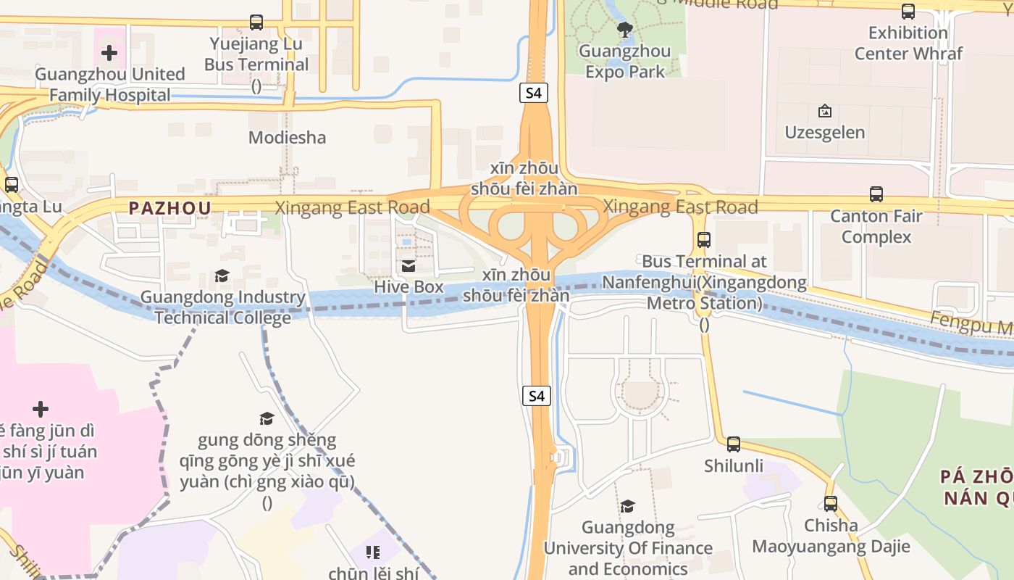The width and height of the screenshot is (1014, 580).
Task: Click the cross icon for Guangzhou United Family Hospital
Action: tap(109, 53)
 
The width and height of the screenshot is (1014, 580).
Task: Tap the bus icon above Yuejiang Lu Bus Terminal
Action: tap(256, 22)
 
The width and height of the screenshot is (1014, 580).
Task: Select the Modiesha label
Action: tap(287, 137)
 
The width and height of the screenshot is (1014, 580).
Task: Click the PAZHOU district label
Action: tap(170, 208)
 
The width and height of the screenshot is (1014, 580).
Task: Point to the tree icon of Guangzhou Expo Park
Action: tap(624, 30)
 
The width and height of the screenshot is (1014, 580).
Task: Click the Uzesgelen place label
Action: tap(824, 133)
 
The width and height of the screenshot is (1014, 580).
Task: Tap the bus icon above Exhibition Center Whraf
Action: tap(908, 12)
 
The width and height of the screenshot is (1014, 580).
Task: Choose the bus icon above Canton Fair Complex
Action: tap(876, 194)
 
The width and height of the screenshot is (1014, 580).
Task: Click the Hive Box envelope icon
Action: tap(408, 266)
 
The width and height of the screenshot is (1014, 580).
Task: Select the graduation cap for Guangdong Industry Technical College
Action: tap(222, 276)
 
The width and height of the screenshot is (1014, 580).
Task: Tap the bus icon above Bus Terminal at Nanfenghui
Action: tap(703, 240)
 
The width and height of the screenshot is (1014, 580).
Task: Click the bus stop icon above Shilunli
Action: tap(734, 444)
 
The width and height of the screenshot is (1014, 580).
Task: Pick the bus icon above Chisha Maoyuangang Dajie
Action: tap(831, 504)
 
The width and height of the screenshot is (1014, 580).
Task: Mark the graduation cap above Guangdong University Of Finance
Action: tap(627, 506)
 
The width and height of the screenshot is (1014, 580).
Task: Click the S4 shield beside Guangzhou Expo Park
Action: tap(534, 93)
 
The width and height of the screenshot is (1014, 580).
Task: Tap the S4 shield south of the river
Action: tap(535, 396)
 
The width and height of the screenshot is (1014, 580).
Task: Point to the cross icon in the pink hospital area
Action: tap(41, 410)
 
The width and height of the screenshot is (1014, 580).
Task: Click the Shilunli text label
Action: tap(734, 465)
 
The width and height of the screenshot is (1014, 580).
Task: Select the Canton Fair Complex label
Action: tap(876, 226)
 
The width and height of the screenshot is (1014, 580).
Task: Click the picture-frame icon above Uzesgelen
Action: tap(824, 112)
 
